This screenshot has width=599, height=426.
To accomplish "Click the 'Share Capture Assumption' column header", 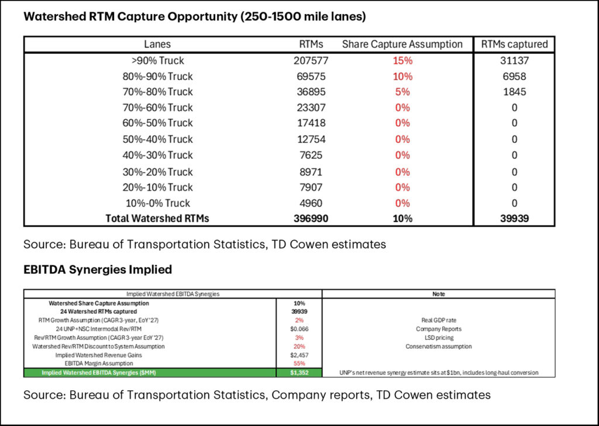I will click(x=402, y=44).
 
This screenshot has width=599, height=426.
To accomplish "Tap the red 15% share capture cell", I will click(x=402, y=60).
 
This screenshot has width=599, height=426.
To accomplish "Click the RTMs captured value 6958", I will click(x=514, y=76).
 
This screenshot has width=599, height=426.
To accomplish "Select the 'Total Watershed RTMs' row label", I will click(x=157, y=219).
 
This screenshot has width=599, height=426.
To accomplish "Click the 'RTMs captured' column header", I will click(x=514, y=44).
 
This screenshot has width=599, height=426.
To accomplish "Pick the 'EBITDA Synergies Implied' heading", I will click(x=97, y=269).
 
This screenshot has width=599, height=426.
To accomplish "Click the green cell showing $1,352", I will click(x=299, y=373).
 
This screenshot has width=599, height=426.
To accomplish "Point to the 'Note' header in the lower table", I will click(x=438, y=294).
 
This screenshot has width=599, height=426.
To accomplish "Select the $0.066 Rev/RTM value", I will click(x=299, y=329).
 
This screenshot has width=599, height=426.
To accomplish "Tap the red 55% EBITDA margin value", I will click(x=299, y=363).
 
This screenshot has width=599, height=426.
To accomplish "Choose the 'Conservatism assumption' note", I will click(x=438, y=346).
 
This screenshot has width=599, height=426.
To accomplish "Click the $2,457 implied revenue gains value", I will click(x=299, y=355).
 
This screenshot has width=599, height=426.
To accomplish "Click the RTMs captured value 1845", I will click(x=514, y=92).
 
